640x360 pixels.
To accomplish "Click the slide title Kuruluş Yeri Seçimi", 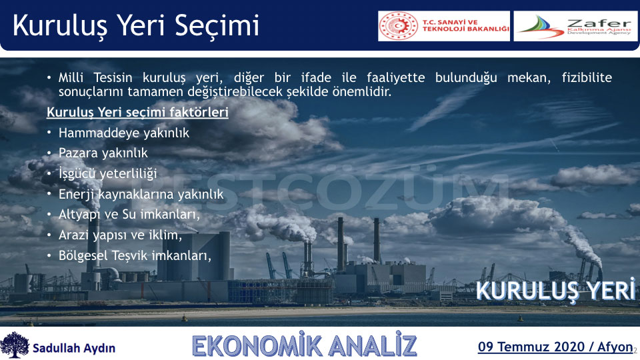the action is (x=136, y=26).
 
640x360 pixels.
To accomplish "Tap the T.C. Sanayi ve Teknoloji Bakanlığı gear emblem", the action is (x=398, y=26).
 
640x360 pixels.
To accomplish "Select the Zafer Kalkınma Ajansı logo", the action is (x=575, y=26).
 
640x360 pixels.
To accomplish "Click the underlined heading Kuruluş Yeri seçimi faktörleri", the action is (x=137, y=112).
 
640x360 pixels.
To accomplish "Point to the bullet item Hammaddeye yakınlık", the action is (x=124, y=133).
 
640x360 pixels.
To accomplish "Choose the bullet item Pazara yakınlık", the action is (x=103, y=153).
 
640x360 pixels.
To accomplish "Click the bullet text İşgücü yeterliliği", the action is (x=108, y=173).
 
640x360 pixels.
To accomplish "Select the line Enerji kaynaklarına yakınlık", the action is (x=141, y=194).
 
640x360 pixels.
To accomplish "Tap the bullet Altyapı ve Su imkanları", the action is (x=129, y=214).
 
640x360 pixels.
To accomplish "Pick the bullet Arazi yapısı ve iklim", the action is (x=120, y=235).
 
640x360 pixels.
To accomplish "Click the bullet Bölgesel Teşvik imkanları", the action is (x=135, y=255).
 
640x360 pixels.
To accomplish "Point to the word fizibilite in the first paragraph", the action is (x=587, y=77).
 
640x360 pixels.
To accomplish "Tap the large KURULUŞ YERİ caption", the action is (x=555, y=291).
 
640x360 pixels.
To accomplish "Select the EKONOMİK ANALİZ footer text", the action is (x=305, y=345).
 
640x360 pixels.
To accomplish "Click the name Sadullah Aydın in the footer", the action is (x=74, y=348).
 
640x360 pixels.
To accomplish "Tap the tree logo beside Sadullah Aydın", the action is (x=15, y=345).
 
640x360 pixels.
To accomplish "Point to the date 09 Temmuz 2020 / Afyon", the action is (x=555, y=347).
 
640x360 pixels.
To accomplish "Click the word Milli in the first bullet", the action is (x=71, y=77).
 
